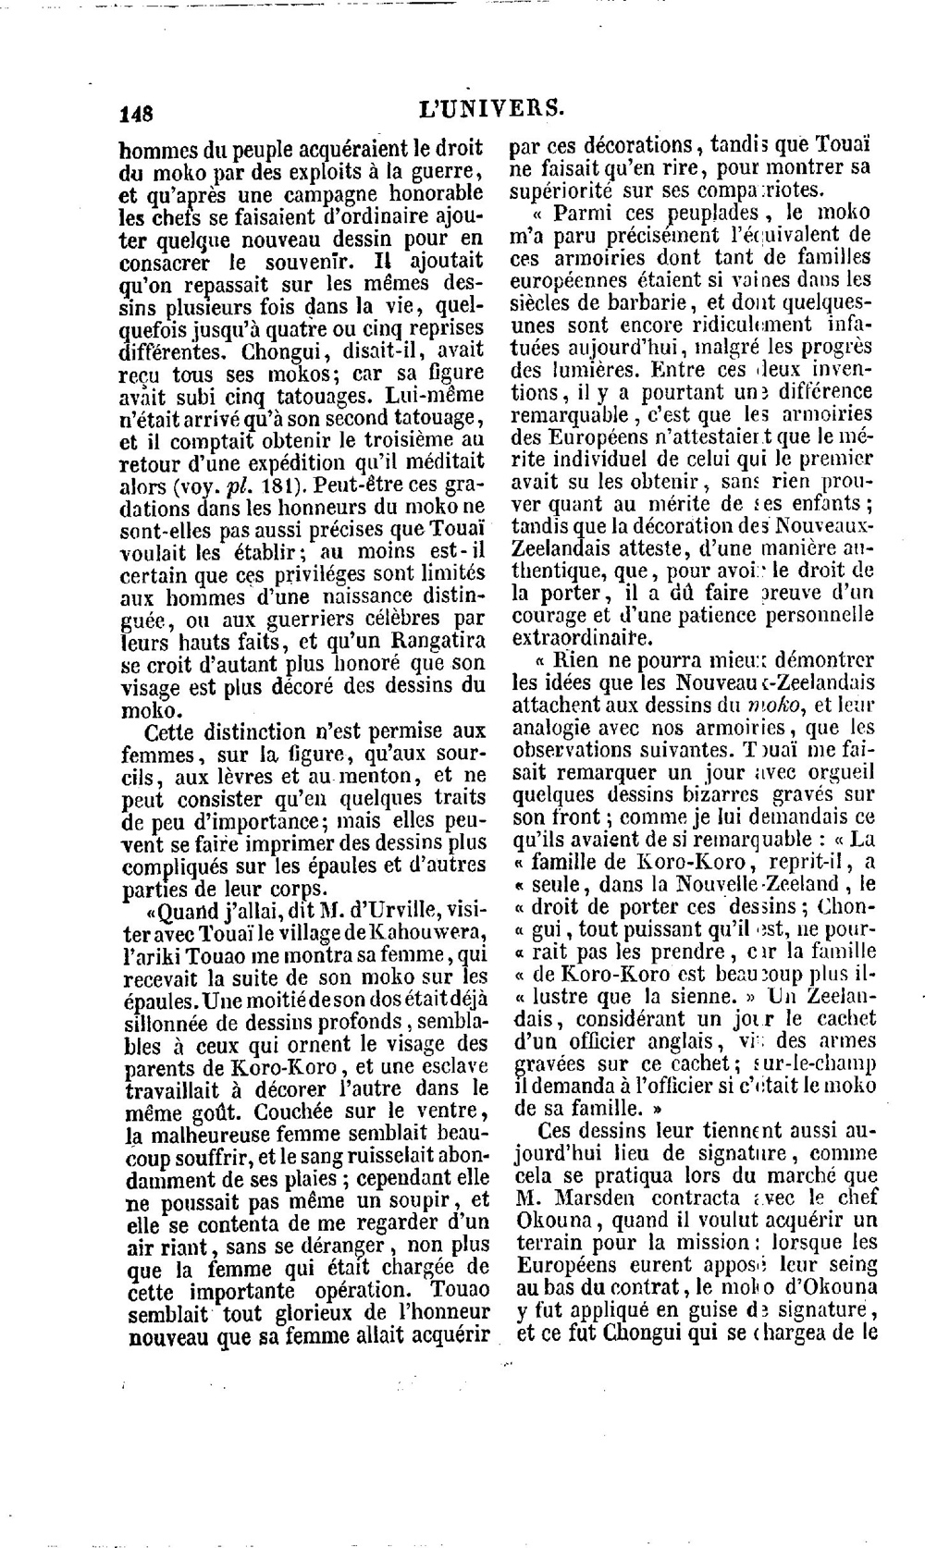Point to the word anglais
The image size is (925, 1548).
click(x=684, y=1041)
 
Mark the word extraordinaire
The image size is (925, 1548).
click(x=581, y=638)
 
